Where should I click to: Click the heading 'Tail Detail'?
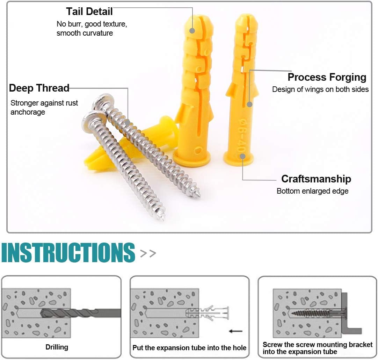(x=89, y=12)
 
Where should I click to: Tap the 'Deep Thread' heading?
(x=39, y=88)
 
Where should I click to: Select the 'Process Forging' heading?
(x=327, y=77)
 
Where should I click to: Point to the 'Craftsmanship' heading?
(x=316, y=179)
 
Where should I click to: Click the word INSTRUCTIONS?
(x=68, y=252)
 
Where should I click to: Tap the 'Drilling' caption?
(x=57, y=347)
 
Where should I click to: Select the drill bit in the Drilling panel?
(x=80, y=312)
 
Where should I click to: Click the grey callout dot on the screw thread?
(x=128, y=122)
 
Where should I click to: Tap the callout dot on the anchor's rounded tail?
(x=192, y=30)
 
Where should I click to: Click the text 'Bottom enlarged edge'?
(x=312, y=191)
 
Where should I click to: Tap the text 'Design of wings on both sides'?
(x=320, y=89)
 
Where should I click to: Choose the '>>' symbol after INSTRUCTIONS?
(x=148, y=253)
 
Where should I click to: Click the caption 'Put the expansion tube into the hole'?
(x=189, y=348)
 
